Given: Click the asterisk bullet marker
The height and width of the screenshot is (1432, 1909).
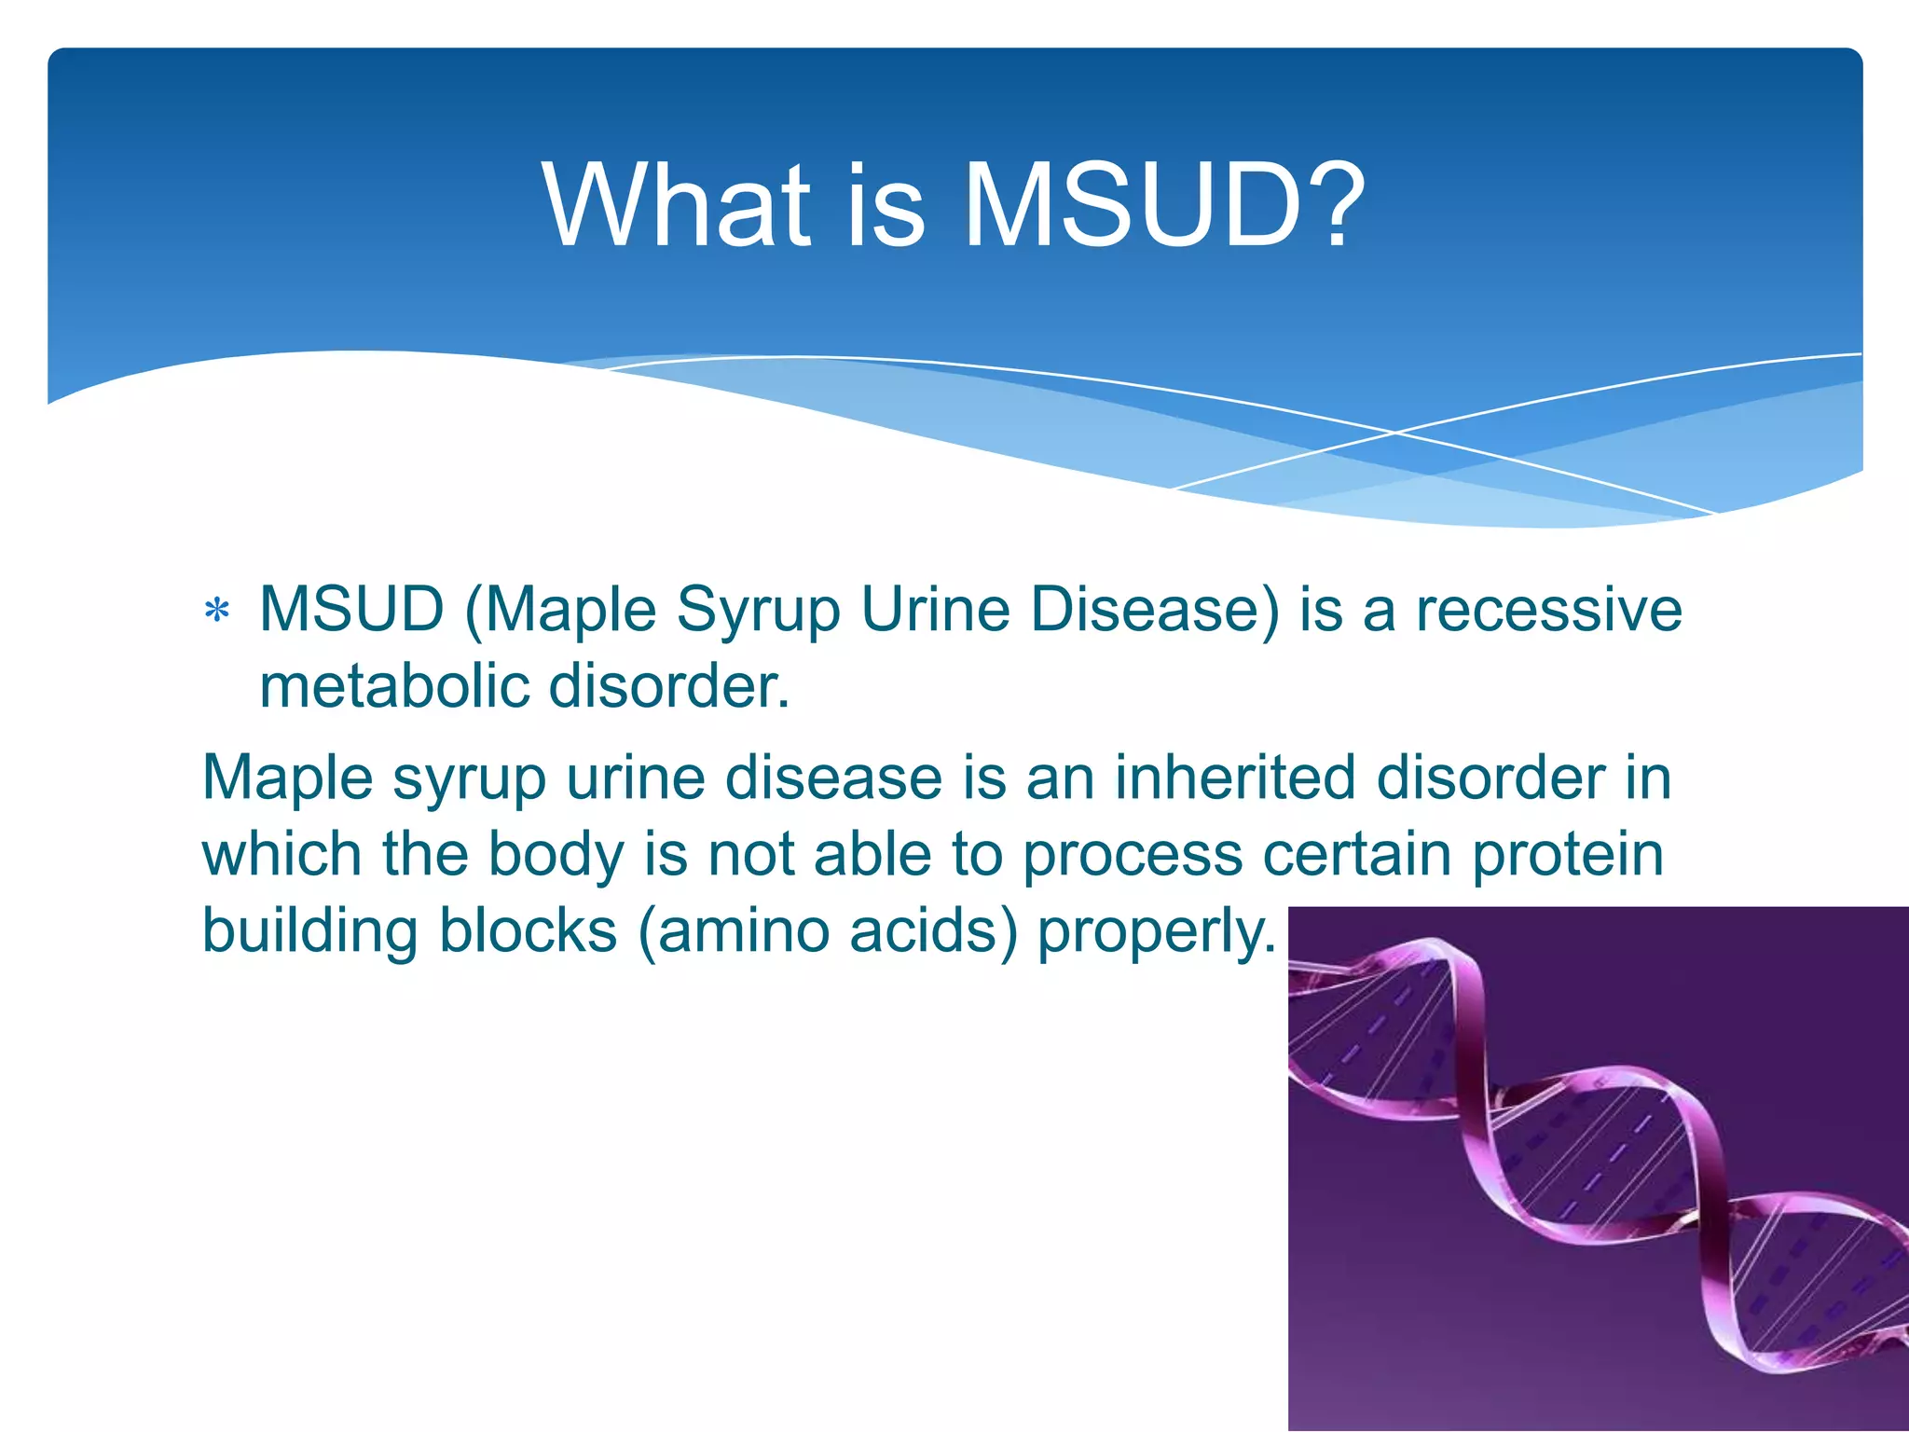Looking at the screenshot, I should (217, 612).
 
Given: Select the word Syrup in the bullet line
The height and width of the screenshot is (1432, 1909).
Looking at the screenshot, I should (758, 613).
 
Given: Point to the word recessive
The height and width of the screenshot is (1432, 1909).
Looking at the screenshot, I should (1548, 611).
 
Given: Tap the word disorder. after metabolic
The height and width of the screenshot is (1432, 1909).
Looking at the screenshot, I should (668, 687).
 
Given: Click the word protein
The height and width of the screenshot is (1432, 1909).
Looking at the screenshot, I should (1568, 855).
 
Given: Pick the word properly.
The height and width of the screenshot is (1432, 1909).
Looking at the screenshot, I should (1156, 932).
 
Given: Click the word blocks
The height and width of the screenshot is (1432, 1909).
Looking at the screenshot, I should (528, 930).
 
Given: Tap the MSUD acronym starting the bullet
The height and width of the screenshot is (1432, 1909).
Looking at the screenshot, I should (351, 611).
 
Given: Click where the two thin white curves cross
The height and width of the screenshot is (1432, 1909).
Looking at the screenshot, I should (1395, 433).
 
